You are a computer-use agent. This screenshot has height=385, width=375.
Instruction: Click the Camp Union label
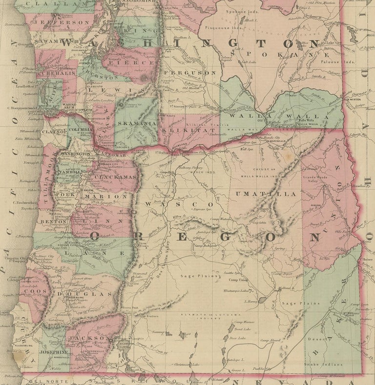(239, 280)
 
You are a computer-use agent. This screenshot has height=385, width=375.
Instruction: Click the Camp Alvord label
(270, 340)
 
